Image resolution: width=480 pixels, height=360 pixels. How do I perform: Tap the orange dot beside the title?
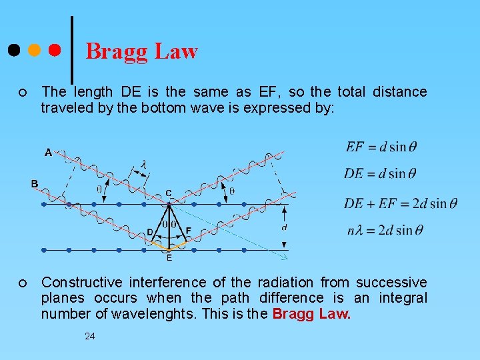[x=34, y=50]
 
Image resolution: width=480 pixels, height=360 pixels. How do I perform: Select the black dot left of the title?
[x=13, y=50]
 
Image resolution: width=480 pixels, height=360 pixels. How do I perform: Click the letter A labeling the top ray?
[x=48, y=153]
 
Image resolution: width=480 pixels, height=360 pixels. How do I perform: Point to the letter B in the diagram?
[x=34, y=183]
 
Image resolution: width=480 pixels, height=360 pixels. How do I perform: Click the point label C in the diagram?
[x=168, y=193]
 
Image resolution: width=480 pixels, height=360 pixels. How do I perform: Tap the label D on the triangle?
[x=150, y=231]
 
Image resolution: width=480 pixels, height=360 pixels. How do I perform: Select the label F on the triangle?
[x=188, y=231]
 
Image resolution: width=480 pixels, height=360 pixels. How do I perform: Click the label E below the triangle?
[x=169, y=257]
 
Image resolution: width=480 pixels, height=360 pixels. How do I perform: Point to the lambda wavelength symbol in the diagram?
[x=143, y=164]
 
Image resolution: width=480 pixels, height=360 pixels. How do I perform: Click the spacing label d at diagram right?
[x=285, y=227]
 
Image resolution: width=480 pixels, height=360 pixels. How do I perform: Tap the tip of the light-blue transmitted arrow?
[x=287, y=258]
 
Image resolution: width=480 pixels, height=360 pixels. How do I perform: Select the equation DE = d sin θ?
[x=380, y=173]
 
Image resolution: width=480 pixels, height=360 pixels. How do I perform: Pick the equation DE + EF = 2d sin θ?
[x=401, y=203]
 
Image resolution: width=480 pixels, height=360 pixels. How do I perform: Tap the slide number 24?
[x=89, y=337]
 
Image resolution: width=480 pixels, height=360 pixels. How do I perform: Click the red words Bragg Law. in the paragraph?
[x=311, y=313]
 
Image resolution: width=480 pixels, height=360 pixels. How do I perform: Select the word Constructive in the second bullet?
[x=82, y=283]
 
